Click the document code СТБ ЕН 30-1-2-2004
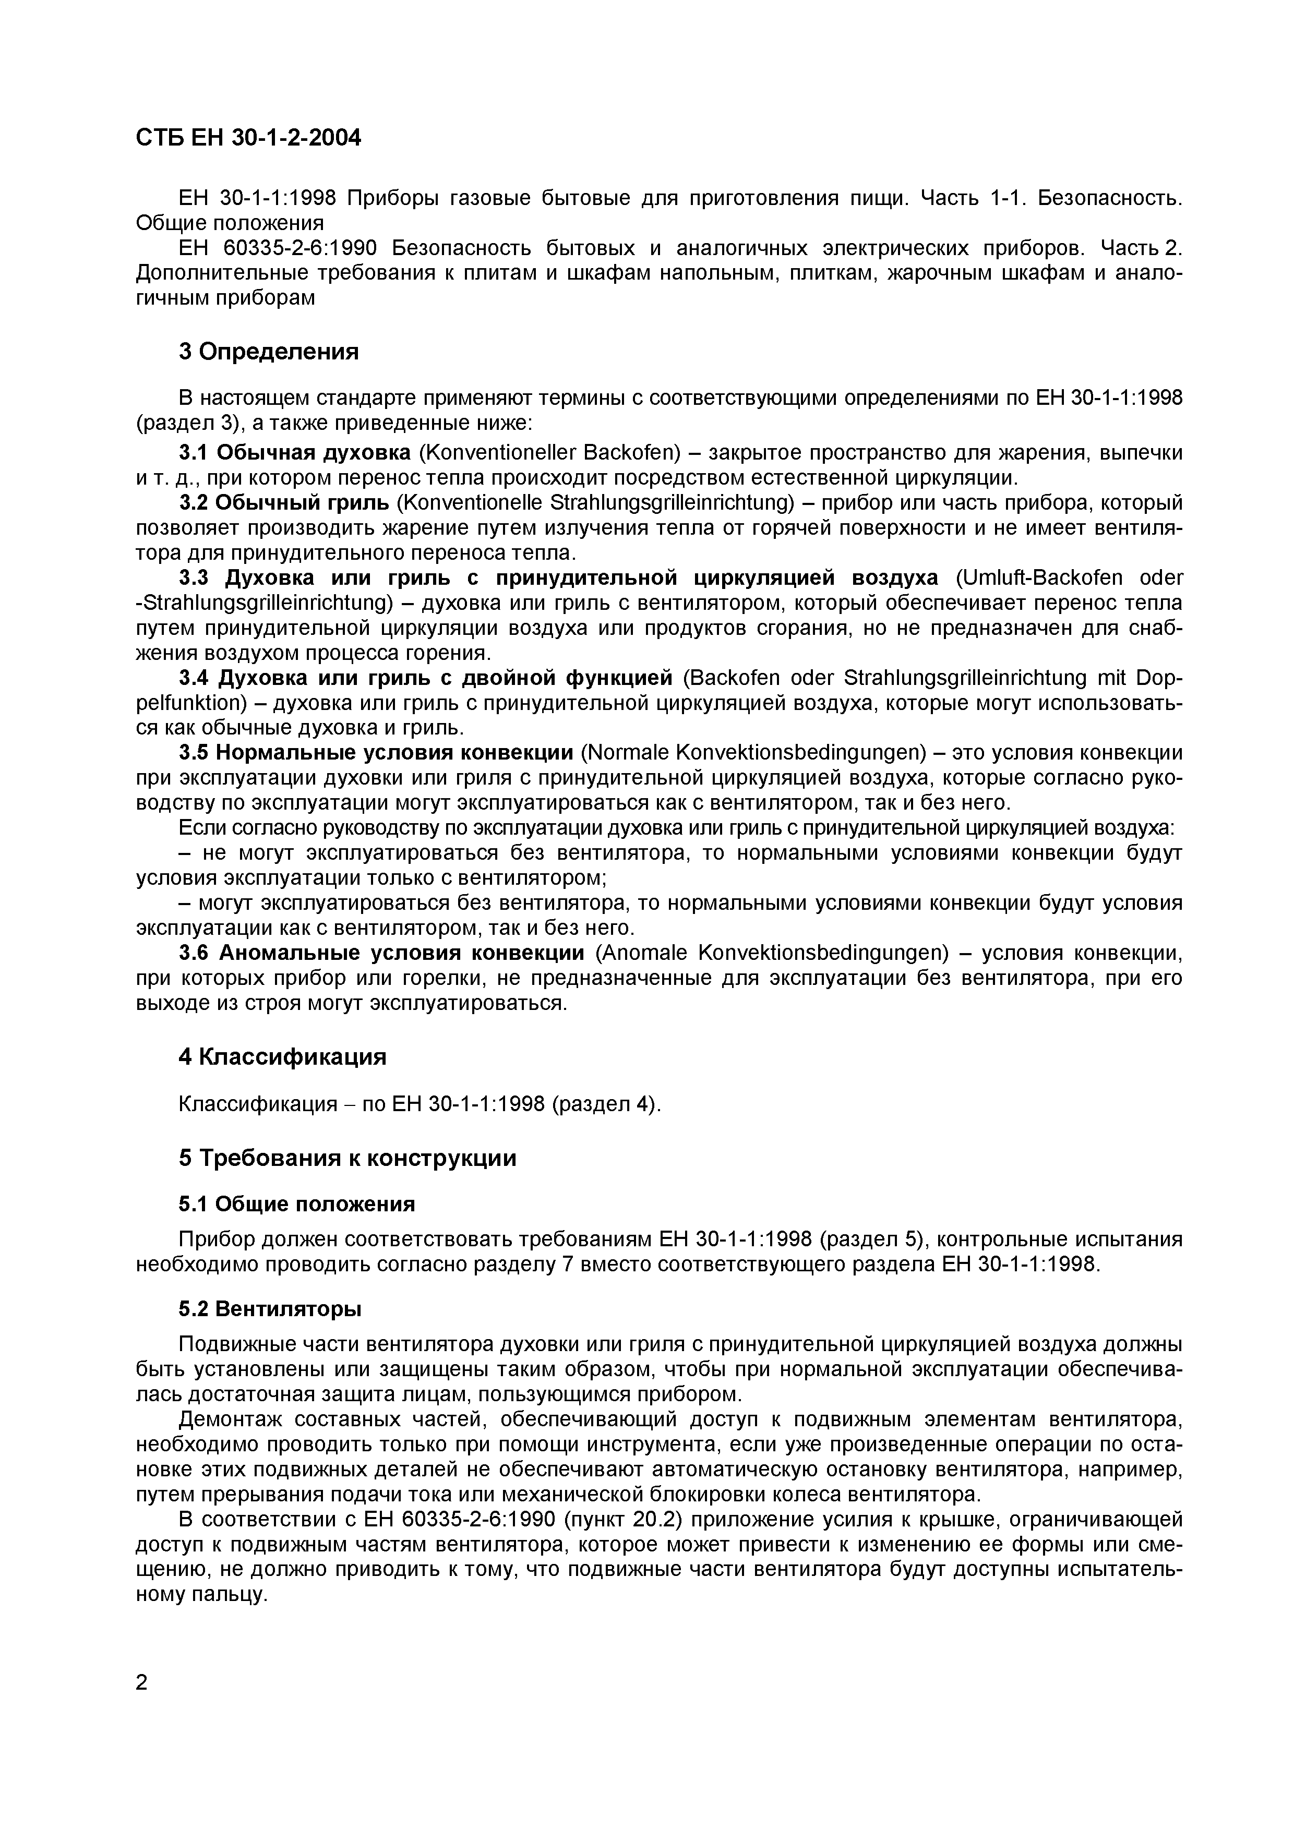click(248, 138)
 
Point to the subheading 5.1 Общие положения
click(296, 1203)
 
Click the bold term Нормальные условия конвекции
click(394, 752)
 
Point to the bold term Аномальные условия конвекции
click(402, 953)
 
